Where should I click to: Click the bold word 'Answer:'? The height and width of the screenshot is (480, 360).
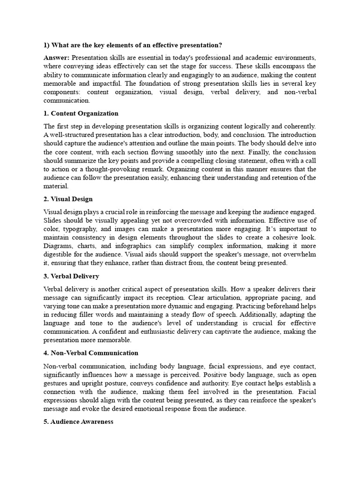pyautogui.click(x=57, y=58)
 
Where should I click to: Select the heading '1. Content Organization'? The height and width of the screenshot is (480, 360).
pyautogui.click(x=81, y=113)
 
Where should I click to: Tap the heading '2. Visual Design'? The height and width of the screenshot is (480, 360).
pyautogui.click(x=68, y=199)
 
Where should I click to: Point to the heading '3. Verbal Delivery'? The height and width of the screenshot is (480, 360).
pyautogui.click(x=71, y=276)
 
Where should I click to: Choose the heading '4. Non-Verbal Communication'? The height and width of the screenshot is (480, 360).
pyautogui.click(x=90, y=353)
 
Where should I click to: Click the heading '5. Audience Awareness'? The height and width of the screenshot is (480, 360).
pyautogui.click(x=78, y=421)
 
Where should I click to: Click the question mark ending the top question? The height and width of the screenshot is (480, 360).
pyautogui.click(x=220, y=45)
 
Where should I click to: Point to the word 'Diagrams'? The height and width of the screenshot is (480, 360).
pyautogui.click(x=57, y=246)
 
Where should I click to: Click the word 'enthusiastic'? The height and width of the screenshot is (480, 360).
pyautogui.click(x=154, y=332)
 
